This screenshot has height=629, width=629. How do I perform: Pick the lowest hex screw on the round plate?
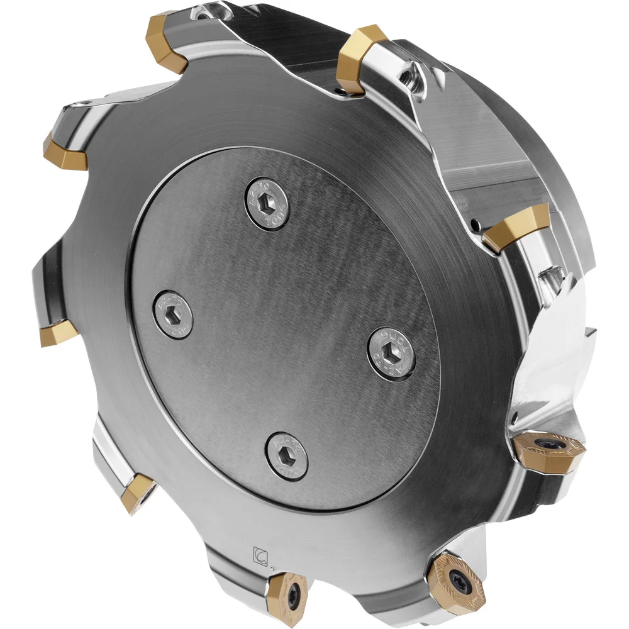(x=286, y=454)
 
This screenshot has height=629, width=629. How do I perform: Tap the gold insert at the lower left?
(x=136, y=493)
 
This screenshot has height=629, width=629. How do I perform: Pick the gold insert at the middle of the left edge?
(x=58, y=332)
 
